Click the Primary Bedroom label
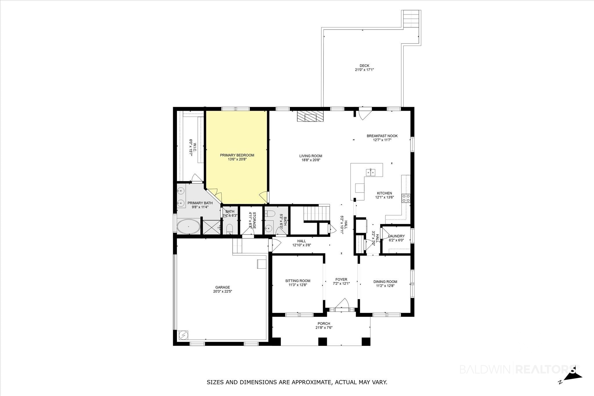point(237,155)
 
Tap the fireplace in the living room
point(310,117)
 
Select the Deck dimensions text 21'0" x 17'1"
point(364,70)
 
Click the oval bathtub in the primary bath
point(189,227)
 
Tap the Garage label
point(222,287)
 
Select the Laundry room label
point(396,236)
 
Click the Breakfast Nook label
point(382,136)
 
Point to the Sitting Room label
point(298,281)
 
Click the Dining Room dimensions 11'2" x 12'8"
point(385,286)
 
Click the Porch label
point(324,324)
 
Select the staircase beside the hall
point(317,213)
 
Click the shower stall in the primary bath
point(211,227)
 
